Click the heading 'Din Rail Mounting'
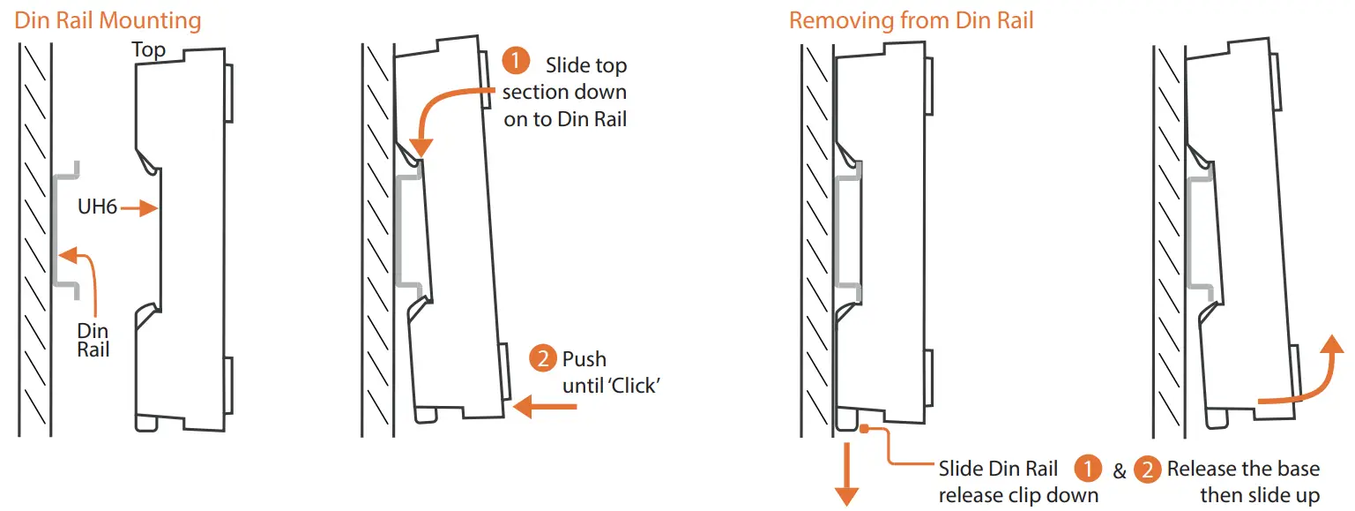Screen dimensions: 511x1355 point(108,20)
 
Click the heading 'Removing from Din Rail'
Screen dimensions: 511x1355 point(911,20)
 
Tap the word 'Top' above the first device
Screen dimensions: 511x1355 point(149,49)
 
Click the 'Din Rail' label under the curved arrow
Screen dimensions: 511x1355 point(93,340)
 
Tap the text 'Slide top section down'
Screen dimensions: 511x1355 point(565,92)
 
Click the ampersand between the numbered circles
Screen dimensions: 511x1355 point(1119,471)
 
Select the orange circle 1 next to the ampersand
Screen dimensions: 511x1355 point(1089,469)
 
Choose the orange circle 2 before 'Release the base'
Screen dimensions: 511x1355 point(1147,469)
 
